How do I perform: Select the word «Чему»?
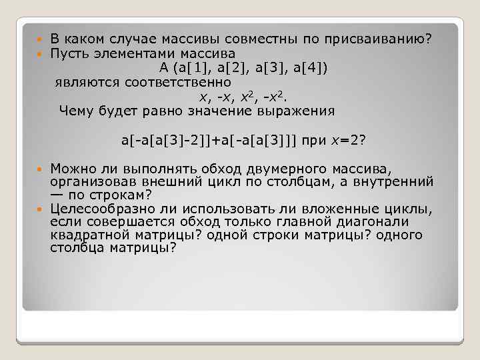[x=75, y=111]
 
